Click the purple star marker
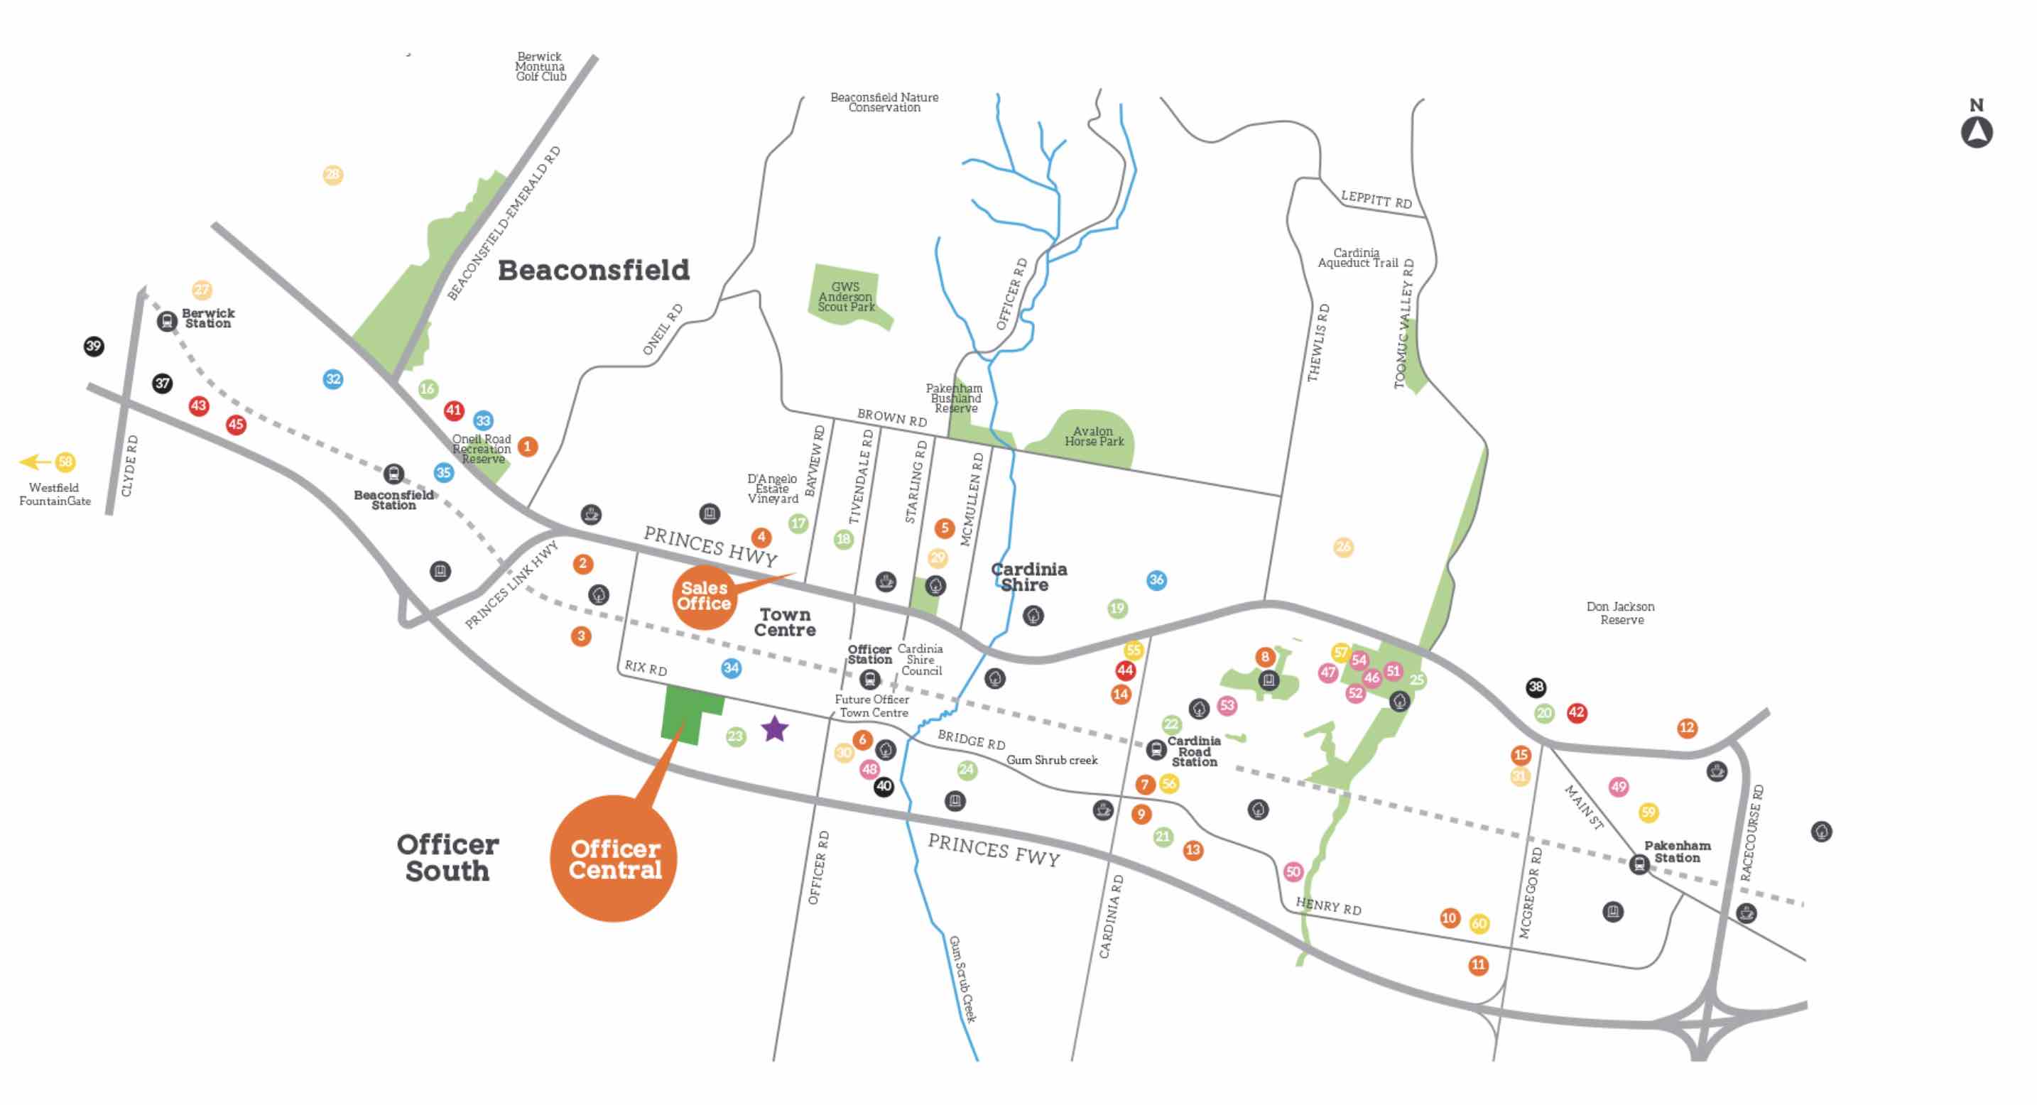click(x=775, y=729)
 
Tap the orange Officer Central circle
click(x=614, y=859)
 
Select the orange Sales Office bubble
click(x=703, y=597)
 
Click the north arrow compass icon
click(x=1976, y=131)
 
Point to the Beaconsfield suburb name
click(x=593, y=271)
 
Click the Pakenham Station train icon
click(x=1639, y=864)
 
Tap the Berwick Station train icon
click(x=166, y=322)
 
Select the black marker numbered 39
click(x=94, y=347)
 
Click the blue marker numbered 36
click(x=1156, y=580)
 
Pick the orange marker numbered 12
click(x=1687, y=728)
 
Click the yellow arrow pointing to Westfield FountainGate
click(x=35, y=462)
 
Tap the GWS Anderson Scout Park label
click(x=845, y=297)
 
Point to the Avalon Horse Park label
click(x=1094, y=436)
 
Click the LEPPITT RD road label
click(x=1376, y=198)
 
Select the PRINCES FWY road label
click(x=993, y=851)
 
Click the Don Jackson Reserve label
click(x=1620, y=614)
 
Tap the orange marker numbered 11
click(x=1478, y=965)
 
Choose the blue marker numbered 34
click(x=731, y=669)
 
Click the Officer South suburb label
click(x=447, y=858)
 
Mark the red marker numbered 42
click(x=1576, y=712)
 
